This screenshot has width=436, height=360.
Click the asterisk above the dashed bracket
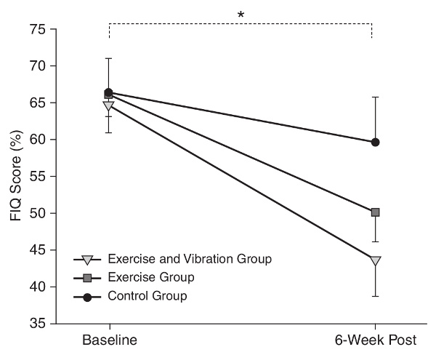click(240, 14)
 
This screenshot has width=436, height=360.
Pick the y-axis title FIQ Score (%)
click(14, 177)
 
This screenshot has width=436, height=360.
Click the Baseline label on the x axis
click(109, 340)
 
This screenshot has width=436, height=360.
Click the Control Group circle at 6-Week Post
click(375, 142)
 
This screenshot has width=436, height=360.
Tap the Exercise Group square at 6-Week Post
click(375, 212)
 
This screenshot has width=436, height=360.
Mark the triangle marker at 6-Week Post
click(375, 260)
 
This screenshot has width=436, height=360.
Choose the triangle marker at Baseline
click(109, 105)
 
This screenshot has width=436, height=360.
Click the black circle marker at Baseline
click(109, 92)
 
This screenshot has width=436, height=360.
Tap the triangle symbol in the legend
click(87, 259)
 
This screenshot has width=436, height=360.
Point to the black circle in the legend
click(87, 295)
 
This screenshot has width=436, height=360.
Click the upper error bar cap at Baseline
click(109, 58)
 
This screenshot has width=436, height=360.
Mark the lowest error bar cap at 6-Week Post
click(375, 296)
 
